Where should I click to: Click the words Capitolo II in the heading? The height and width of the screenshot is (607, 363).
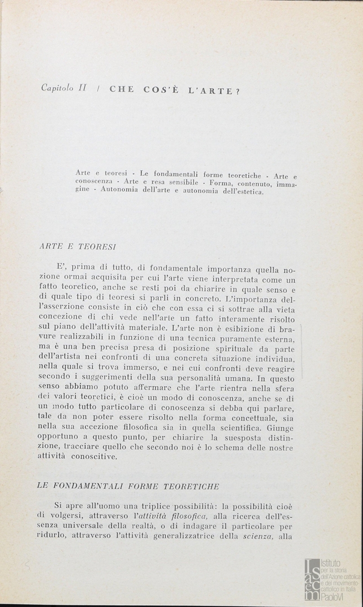click(x=63, y=88)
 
